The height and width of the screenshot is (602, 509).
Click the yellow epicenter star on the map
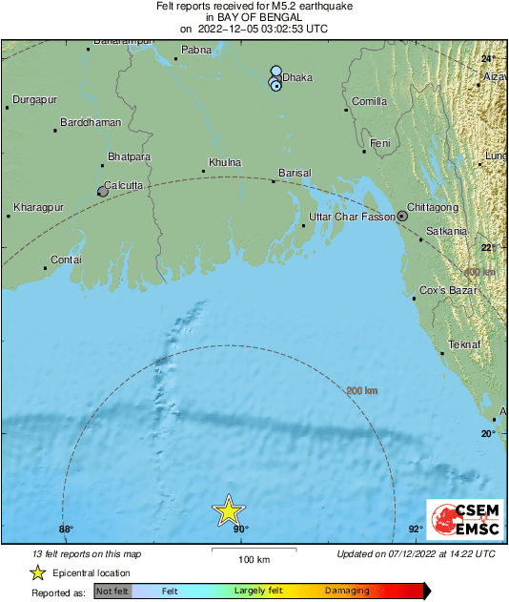click(230, 510)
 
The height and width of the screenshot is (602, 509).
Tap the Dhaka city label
click(299, 78)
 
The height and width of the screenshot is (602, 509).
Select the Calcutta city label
click(124, 184)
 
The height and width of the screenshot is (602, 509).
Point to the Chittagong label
click(434, 207)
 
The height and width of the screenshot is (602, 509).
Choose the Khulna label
click(225, 163)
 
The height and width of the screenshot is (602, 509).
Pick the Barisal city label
click(295, 173)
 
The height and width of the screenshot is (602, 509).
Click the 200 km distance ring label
click(361, 391)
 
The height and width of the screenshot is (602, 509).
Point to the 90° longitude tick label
click(239, 529)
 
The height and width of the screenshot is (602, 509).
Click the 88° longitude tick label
click(66, 529)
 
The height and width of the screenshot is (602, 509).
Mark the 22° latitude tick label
click(488, 248)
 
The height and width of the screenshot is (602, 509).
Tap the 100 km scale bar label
click(253, 559)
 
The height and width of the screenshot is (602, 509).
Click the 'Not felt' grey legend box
click(111, 592)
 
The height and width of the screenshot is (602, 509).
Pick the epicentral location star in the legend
click(37, 573)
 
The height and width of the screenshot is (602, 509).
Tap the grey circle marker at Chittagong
click(402, 217)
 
